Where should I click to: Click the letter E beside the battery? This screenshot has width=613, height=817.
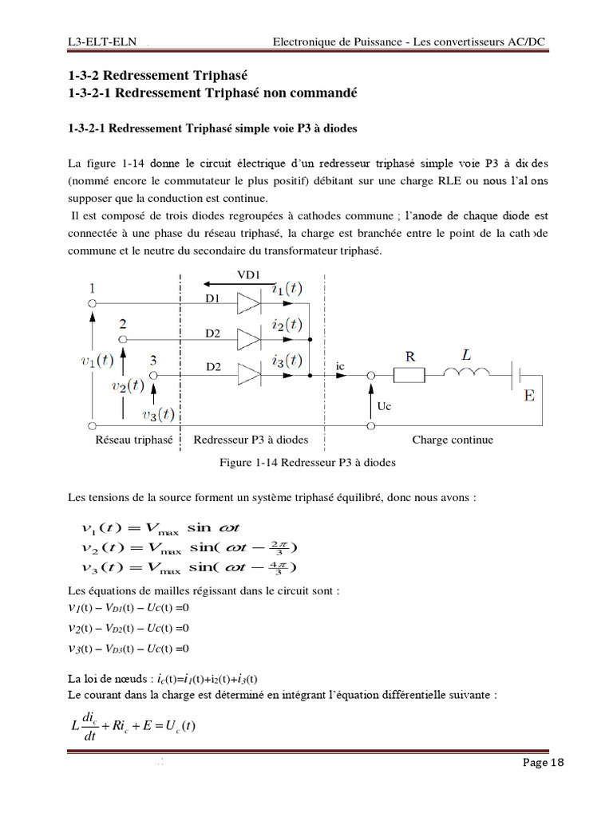pyautogui.click(x=528, y=396)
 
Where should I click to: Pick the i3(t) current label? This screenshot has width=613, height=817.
pyautogui.click(x=286, y=360)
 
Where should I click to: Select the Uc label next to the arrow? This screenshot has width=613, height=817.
pyautogui.click(x=385, y=406)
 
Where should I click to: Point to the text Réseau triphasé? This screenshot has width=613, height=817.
pyautogui.click(x=134, y=440)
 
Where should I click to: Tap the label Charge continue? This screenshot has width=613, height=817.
pyautogui.click(x=453, y=440)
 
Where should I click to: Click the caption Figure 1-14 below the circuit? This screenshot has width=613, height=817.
pyautogui.click(x=307, y=462)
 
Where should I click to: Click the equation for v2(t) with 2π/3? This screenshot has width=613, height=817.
pyautogui.click(x=189, y=547)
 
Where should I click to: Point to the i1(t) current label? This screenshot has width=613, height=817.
pyautogui.click(x=287, y=290)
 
